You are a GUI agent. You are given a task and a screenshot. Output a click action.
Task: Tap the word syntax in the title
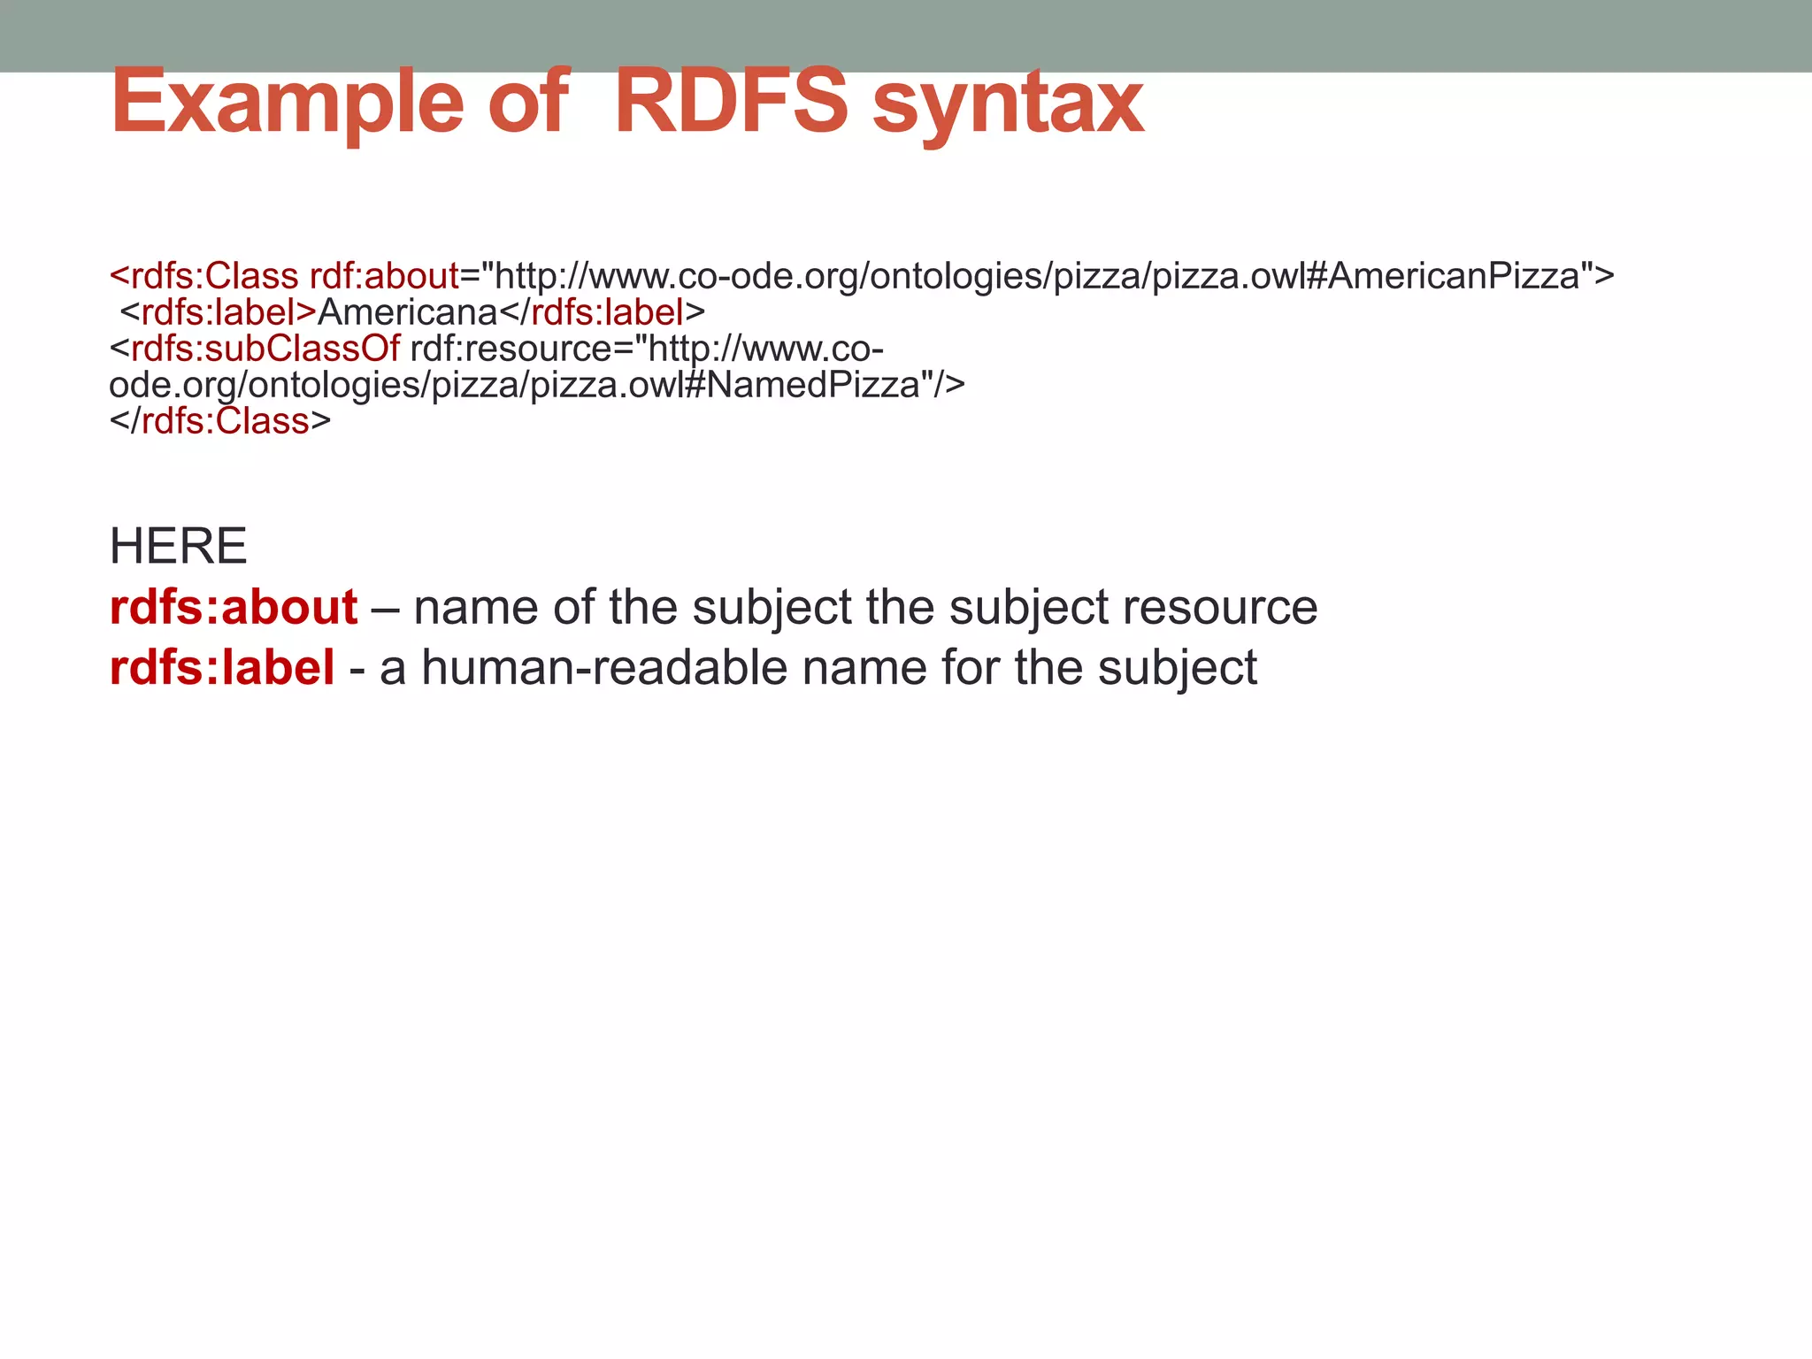[1009, 104]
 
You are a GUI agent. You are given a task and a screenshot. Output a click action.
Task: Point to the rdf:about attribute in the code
[384, 276]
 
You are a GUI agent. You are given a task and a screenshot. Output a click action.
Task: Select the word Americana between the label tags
[408, 312]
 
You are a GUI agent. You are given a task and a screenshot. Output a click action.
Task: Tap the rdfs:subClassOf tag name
[265, 349]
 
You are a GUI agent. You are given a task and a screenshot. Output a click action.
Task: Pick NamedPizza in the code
[813, 385]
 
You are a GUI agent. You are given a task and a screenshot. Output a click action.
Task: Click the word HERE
[178, 546]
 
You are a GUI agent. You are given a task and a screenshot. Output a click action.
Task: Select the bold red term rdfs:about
[234, 608]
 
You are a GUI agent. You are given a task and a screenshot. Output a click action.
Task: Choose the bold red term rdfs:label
[222, 668]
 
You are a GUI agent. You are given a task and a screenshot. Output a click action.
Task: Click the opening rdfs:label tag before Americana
[218, 312]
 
